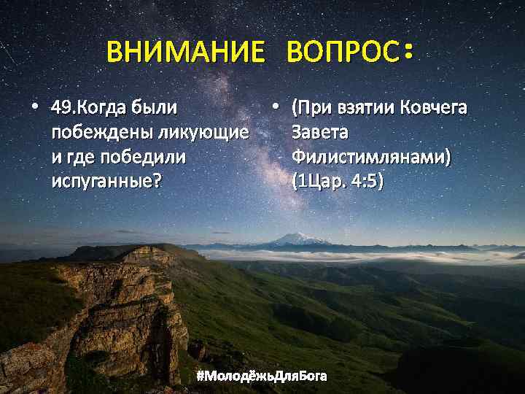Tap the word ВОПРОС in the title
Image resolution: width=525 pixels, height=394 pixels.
[342, 53]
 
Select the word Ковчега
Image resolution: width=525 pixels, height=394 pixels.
[433, 109]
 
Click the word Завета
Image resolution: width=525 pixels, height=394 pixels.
[321, 133]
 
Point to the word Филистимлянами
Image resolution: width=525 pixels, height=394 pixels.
[370, 156]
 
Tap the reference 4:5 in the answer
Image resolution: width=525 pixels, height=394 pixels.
[363, 180]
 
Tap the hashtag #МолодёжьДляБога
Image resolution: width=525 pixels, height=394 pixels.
[262, 376]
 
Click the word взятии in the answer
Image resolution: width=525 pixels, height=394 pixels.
[362, 109]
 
